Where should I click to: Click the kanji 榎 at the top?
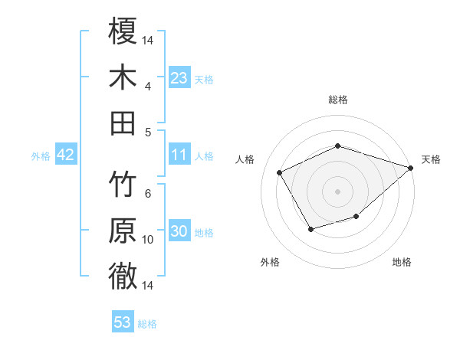[x=123, y=32]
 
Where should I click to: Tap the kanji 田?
[x=123, y=123]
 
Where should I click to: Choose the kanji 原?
[x=123, y=231]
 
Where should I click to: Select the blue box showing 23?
[x=179, y=77]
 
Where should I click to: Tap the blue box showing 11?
[x=179, y=155]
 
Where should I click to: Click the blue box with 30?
[x=179, y=231]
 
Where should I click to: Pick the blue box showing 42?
[x=66, y=155]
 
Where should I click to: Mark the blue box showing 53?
[x=123, y=322]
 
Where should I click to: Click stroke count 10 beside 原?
[x=148, y=240]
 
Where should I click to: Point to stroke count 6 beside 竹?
[x=148, y=194]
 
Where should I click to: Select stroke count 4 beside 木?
[x=148, y=86]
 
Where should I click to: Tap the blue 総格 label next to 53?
[x=147, y=324]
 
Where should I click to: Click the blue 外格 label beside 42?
[x=41, y=156]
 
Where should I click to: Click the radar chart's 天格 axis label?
[x=432, y=159]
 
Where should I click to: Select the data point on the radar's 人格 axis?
[x=280, y=172]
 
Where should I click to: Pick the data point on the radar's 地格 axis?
[x=356, y=218]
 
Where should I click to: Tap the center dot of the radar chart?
[x=337, y=191]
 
